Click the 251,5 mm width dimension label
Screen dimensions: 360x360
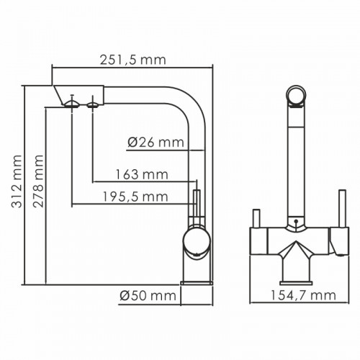click(132, 60)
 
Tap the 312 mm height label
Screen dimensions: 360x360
click(17, 181)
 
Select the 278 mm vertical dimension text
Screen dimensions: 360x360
click(38, 181)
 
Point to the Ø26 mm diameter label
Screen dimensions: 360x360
click(156, 143)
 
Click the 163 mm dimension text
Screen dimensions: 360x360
click(142, 174)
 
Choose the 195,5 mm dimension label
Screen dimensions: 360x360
click(135, 197)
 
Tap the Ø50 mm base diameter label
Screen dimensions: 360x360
click(148, 296)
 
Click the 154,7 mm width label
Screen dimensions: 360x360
click(303, 295)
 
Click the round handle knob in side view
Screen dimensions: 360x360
click(197, 241)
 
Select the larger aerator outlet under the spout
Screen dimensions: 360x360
click(71, 104)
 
